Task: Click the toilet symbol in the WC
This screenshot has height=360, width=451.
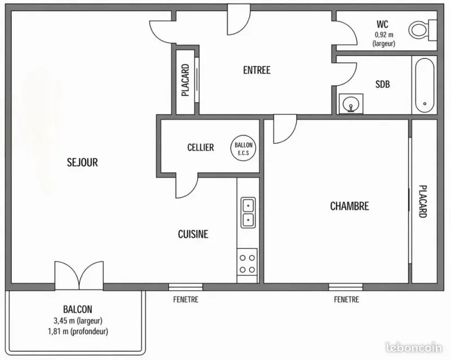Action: [422, 30]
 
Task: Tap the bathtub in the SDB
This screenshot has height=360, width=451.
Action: [425, 85]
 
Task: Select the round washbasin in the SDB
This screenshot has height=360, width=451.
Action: [351, 104]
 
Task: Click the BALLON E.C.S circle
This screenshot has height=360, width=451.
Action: [244, 148]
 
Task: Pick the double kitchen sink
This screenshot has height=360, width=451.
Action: [247, 212]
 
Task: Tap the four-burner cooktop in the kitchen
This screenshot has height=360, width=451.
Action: [247, 264]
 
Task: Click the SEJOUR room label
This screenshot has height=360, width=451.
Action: [82, 162]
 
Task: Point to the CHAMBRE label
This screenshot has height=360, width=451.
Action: [350, 206]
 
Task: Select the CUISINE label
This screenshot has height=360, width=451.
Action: [193, 234]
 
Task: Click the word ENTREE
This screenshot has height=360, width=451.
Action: [257, 70]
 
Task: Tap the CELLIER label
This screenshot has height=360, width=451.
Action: [201, 148]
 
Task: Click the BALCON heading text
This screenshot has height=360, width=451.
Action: [78, 309]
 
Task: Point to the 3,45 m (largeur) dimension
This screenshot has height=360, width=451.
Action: [78, 321]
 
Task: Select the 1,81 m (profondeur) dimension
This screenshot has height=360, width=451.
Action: [78, 331]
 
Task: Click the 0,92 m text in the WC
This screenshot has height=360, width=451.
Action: [384, 35]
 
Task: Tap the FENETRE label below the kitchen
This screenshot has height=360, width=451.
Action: [186, 300]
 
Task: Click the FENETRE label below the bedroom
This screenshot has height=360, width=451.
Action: [346, 300]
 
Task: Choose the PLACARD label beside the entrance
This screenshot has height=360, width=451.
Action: [185, 80]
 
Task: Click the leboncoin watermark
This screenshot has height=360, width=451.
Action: [414, 348]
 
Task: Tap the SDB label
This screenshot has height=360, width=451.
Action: [383, 85]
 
